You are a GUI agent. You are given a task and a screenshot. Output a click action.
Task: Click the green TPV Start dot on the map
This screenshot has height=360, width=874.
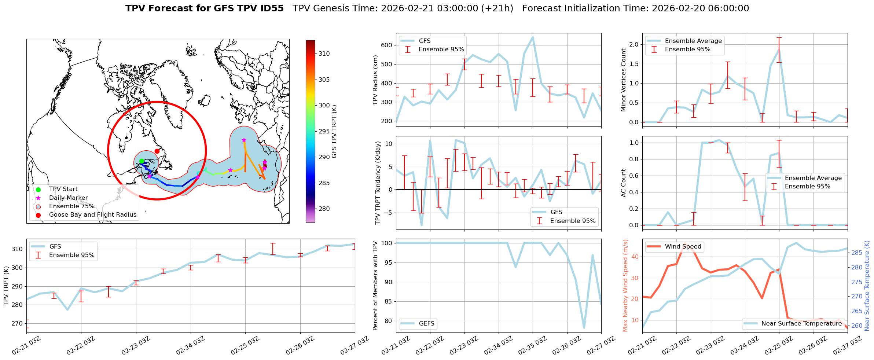tap(142, 161)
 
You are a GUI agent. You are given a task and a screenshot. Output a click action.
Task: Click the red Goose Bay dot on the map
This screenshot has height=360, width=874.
tap(157, 151)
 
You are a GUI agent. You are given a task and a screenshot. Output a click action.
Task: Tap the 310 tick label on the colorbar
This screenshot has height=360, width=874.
tap(324, 54)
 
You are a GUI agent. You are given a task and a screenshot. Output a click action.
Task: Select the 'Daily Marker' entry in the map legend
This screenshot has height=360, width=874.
tap(68, 198)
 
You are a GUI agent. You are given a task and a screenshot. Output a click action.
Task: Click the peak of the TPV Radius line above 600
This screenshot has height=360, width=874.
tap(533, 37)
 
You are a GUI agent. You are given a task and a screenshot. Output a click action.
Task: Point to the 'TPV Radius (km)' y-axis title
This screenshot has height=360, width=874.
tap(375, 80)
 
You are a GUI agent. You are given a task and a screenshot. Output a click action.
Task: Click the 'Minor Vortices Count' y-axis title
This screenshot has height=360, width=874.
tap(624, 80)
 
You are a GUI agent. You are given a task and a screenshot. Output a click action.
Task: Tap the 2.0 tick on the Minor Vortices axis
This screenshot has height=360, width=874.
tap(634, 45)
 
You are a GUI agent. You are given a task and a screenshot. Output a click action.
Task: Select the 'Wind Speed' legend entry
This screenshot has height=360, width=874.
tap(683, 247)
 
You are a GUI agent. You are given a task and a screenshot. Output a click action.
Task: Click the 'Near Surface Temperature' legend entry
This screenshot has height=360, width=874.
tap(801, 324)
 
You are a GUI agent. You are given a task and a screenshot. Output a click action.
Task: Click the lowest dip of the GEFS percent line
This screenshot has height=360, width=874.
tap(584, 328)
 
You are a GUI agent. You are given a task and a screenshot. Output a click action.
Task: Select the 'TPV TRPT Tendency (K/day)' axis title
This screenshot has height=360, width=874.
tap(378, 183)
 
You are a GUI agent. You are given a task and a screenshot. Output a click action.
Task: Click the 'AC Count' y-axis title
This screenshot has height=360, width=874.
tap(624, 183)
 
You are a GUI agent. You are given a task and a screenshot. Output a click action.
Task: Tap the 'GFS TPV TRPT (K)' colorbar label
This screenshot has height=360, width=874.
tap(334, 132)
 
